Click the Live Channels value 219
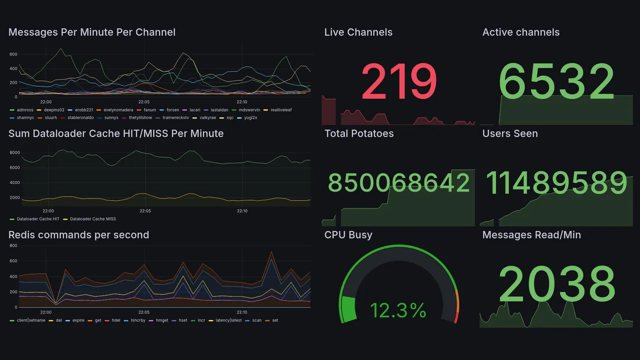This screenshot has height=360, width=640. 399,82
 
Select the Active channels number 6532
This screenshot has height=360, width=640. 556,82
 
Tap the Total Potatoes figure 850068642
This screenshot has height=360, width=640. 398,183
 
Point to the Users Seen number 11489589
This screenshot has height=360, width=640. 556,183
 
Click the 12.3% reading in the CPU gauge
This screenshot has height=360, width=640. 398,310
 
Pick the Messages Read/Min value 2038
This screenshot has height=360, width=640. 556,284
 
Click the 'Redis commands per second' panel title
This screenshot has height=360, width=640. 78,235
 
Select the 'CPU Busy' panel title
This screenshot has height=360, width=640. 348,235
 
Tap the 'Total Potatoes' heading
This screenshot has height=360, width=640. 358,133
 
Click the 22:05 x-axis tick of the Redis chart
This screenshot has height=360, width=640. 143,312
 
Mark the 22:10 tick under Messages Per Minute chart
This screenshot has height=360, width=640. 242,102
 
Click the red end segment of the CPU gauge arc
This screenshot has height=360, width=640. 456,318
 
